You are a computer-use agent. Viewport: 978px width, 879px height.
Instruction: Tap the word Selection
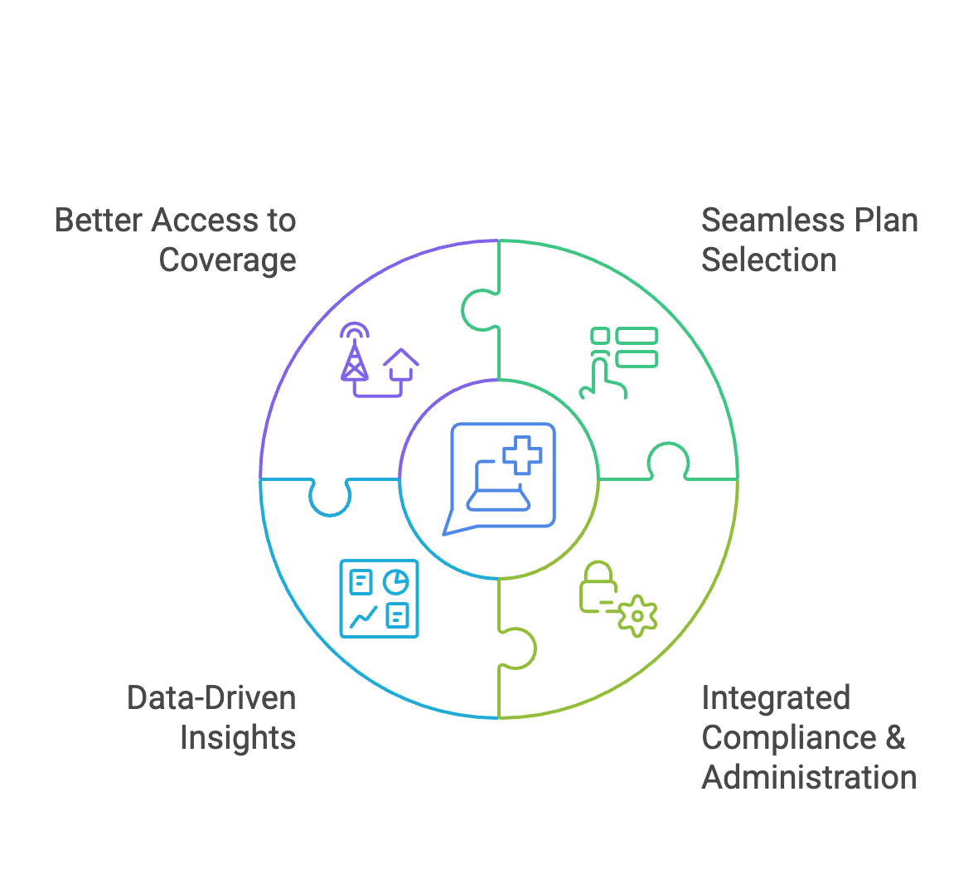tap(769, 260)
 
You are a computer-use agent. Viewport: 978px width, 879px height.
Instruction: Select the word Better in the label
tap(99, 221)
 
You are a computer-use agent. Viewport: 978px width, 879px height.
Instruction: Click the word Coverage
tap(227, 260)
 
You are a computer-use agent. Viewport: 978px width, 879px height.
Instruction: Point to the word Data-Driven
tap(211, 698)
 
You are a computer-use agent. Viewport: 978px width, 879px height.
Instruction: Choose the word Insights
tap(237, 738)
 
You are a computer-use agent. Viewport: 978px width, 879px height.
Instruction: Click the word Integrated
tap(776, 698)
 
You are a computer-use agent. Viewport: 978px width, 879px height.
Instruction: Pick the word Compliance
tap(788, 738)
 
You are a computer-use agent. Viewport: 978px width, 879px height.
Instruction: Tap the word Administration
tap(809, 778)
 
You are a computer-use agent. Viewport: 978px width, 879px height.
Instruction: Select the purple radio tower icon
tap(355, 352)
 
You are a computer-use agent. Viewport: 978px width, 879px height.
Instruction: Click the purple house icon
tap(401, 362)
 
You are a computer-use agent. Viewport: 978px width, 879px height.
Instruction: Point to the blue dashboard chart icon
tap(379, 599)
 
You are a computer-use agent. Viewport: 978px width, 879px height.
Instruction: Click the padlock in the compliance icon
tap(598, 587)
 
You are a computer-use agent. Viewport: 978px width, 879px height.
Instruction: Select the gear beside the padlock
tap(637, 615)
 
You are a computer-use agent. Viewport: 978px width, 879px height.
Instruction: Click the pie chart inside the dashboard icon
tap(396, 582)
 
